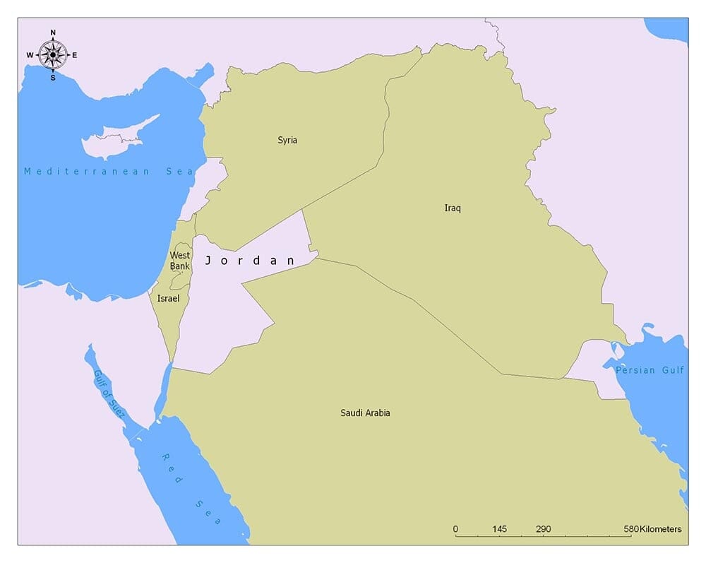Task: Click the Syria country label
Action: [287, 140]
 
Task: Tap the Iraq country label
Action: [453, 208]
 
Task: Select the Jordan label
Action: [250, 261]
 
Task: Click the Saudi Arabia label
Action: [365, 413]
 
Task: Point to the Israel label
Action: [168, 299]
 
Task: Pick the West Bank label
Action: [179, 261]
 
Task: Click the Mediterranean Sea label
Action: [99, 172]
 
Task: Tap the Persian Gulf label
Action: [650, 370]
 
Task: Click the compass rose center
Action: [53, 54]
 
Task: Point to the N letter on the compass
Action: [53, 32]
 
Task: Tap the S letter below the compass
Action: [53, 78]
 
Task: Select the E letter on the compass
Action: [75, 55]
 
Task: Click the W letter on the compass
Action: [30, 55]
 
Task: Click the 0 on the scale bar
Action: [455, 529]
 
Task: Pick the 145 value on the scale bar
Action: [499, 529]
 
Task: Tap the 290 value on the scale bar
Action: [543, 529]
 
